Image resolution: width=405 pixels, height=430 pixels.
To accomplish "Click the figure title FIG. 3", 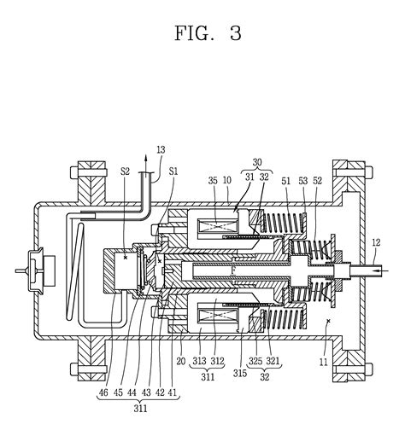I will pos(208,34).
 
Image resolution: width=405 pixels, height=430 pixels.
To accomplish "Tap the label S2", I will pos(125,171).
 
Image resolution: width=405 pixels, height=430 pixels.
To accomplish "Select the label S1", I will pos(173,171).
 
